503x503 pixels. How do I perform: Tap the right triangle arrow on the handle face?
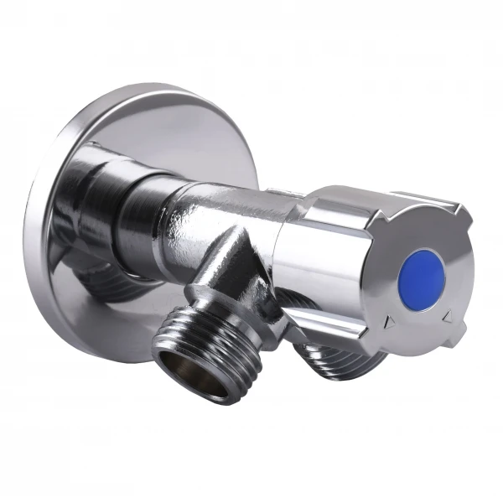tap(447, 315)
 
